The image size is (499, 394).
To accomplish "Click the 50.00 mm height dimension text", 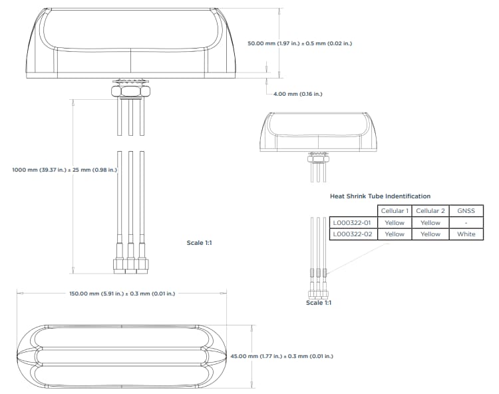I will [299, 43].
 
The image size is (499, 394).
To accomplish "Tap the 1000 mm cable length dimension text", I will [65, 170].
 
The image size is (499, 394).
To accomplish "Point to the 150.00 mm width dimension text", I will [122, 293].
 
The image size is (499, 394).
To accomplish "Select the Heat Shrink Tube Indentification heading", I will [380, 196].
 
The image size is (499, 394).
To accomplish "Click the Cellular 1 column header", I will [395, 211].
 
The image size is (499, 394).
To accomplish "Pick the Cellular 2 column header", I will [430, 211].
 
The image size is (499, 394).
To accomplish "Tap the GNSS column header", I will [466, 211].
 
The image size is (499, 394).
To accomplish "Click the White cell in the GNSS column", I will [466, 234].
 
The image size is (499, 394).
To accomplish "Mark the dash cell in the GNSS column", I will [466, 223].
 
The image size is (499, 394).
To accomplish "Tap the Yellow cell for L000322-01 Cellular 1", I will [395, 223].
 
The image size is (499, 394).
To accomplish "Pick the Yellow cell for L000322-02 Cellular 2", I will [430, 234].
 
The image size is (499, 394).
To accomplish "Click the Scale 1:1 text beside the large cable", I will [199, 243].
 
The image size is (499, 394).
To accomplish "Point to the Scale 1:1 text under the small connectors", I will [319, 303].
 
